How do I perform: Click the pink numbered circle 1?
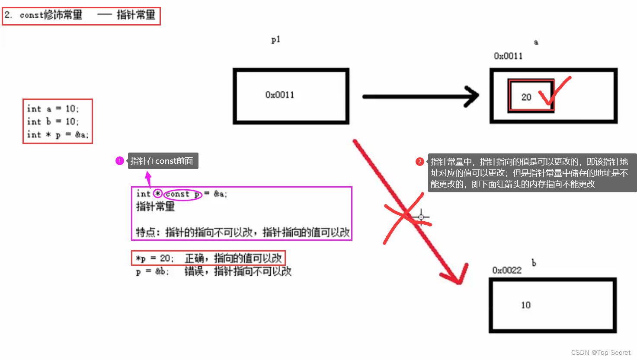pos(120,161)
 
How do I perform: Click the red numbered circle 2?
pos(419,162)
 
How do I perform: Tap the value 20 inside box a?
pos(526,97)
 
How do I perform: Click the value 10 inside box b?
pos(525,305)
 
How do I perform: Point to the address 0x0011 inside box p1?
pos(280,95)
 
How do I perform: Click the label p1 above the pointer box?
pos(276,40)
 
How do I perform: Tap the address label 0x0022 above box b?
pos(507,271)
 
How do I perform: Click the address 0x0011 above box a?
pos(508,56)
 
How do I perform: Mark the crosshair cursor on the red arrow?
pos(421,217)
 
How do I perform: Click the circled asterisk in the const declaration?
pos(158,194)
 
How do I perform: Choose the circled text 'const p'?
pos(183,194)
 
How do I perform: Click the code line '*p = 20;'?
pos(154,258)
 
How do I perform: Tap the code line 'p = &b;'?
pos(152,271)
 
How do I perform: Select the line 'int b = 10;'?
pos(53,121)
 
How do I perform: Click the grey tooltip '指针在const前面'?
pos(163,161)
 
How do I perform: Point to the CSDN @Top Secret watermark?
pos(601,352)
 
